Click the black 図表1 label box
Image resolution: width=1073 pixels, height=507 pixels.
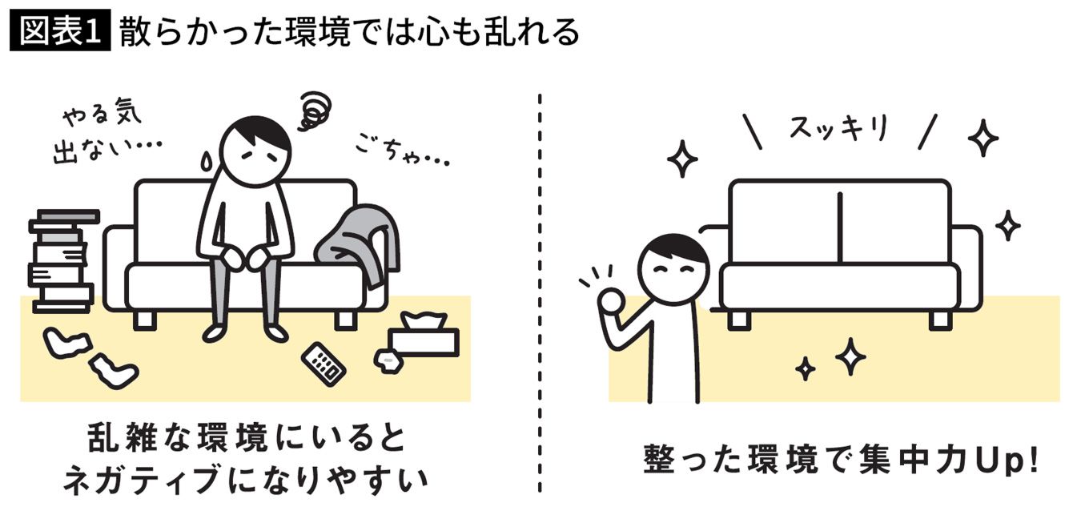pyautogui.click(x=60, y=30)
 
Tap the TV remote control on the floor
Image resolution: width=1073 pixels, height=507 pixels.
pyautogui.click(x=324, y=364)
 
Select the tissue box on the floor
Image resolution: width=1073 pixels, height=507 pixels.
pyautogui.click(x=424, y=336)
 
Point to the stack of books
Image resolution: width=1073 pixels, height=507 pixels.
pyautogui.click(x=62, y=262)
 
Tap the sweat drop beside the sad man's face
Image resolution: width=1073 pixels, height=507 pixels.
pyautogui.click(x=207, y=161)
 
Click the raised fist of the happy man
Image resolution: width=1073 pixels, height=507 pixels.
pyautogui.click(x=611, y=301)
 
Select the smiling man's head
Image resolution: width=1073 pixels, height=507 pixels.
pyautogui.click(x=673, y=269)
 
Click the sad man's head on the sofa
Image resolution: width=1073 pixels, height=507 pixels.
pyautogui.click(x=255, y=151)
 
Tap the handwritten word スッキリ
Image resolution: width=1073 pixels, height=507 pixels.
pyautogui.click(x=838, y=128)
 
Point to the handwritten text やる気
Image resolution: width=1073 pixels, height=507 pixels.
pyautogui.click(x=102, y=115)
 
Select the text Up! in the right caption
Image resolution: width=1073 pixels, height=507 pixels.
pyautogui.click(x=1007, y=460)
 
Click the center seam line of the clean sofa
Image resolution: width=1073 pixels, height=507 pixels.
pyautogui.click(x=840, y=227)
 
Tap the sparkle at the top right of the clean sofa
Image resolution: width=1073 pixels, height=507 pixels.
pyautogui.click(x=983, y=138)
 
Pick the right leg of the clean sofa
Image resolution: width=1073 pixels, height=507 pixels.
pyautogui.click(x=941, y=320)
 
